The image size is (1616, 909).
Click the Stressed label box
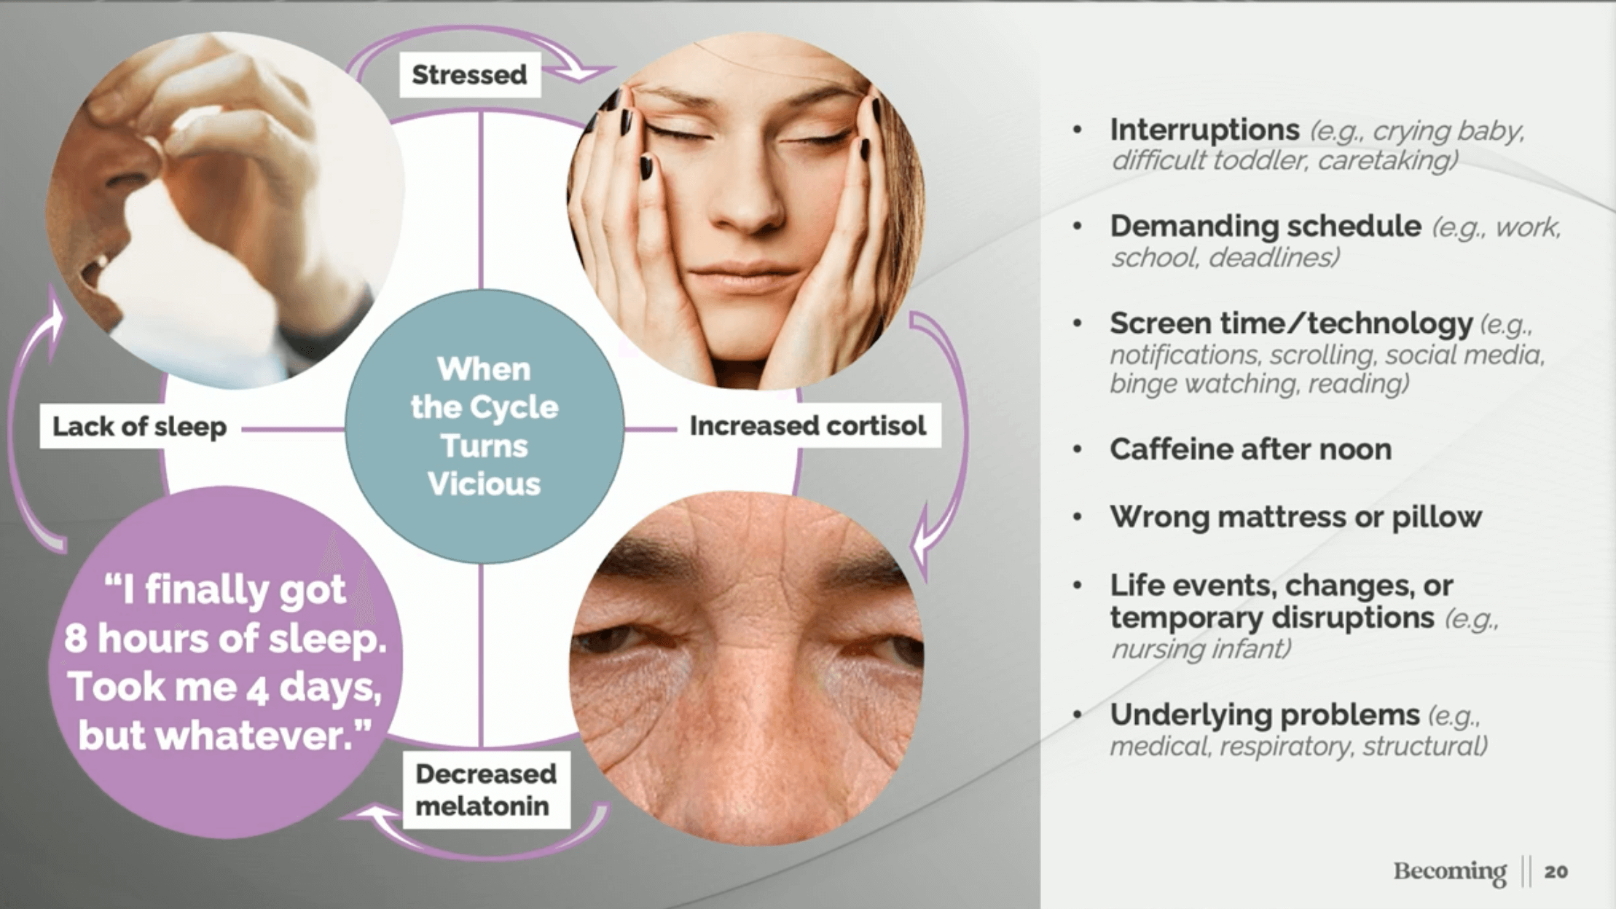(x=470, y=74)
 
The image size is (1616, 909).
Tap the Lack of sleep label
(x=139, y=426)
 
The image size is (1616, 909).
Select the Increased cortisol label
(x=807, y=425)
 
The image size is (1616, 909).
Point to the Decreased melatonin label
(x=485, y=790)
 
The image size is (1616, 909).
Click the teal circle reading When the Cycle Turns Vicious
(x=484, y=426)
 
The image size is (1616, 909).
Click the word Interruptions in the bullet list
(x=1204, y=130)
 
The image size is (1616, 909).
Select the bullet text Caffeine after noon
(x=1250, y=449)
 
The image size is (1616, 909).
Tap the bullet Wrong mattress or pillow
(x=1295, y=517)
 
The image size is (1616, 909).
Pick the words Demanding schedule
(x=1266, y=227)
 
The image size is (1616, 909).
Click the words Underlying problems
(x=1265, y=715)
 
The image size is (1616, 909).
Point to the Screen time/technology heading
(x=1291, y=323)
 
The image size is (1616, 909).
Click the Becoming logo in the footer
(x=1449, y=871)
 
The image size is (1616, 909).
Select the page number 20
(x=1556, y=872)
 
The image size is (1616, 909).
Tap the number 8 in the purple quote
(x=75, y=639)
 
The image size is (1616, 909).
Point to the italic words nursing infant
(x=1201, y=648)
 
